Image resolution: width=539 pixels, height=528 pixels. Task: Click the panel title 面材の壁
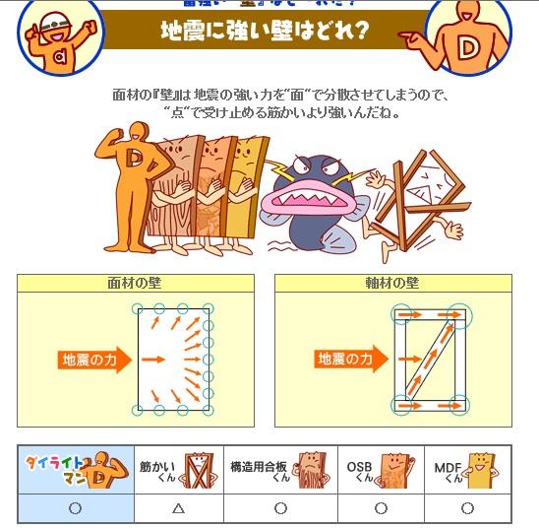click(136, 283)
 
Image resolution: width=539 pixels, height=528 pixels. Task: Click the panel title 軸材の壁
click(392, 283)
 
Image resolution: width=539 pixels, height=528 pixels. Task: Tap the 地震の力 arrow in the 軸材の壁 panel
click(345, 360)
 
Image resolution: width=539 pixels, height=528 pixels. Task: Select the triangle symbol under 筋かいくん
click(178, 508)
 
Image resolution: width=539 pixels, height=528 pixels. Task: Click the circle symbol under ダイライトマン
click(75, 508)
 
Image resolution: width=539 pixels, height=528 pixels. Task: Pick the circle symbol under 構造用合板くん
click(280, 508)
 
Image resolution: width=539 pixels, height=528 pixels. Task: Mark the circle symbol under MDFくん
click(467, 508)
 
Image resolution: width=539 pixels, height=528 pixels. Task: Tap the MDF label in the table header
click(448, 468)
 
